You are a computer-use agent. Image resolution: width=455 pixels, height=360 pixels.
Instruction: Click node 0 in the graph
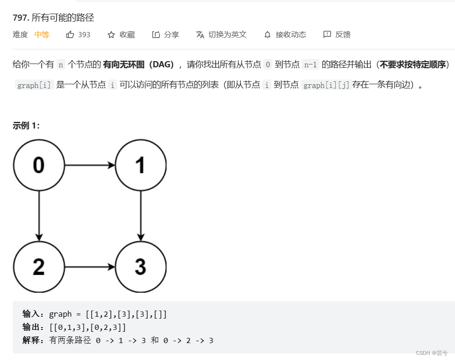point(39,165)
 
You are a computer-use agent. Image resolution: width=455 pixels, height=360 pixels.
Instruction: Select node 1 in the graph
point(140,165)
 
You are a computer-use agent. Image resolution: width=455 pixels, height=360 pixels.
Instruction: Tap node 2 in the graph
point(39,267)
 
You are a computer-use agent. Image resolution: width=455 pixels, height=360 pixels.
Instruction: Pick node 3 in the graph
point(140,267)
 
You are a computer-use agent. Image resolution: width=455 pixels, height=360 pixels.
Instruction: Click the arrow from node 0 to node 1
point(89,165)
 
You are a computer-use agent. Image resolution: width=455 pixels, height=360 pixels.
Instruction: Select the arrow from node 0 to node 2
point(39,216)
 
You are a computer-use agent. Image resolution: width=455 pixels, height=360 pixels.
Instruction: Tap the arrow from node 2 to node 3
point(89,267)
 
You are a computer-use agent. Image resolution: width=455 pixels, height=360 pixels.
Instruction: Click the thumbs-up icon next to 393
point(70,34)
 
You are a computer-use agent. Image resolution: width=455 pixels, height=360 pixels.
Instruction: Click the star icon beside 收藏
point(111,34)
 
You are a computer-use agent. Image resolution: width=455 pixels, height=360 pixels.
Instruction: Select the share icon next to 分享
point(156,34)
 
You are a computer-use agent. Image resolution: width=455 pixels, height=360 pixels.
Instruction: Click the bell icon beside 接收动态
point(267,34)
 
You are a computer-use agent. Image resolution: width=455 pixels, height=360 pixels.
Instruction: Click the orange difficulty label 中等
point(42,34)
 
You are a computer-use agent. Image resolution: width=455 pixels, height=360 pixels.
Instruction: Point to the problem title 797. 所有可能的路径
point(53,18)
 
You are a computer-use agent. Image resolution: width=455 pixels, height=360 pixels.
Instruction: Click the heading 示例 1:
point(26,125)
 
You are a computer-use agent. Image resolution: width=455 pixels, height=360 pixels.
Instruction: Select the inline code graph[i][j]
point(326,85)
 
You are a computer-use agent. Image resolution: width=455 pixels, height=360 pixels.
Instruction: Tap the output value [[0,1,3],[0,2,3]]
point(88,327)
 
